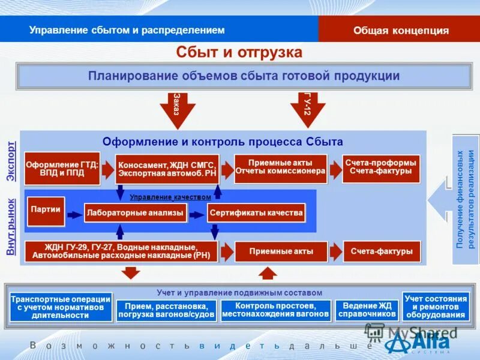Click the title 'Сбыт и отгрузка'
[239, 52]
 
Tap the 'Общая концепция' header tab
[401, 31]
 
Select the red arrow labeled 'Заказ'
[178, 109]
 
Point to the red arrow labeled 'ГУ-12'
[308, 109]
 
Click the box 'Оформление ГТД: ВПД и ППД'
[62, 168]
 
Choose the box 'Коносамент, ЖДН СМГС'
[167, 169]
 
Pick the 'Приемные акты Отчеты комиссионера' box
[280, 168]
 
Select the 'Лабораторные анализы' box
[135, 212]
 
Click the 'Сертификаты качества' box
[256, 212]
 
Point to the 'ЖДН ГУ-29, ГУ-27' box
[121, 251]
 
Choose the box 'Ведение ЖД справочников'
[367, 310]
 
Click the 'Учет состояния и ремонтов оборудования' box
[436, 306]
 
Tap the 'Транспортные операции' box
[61, 307]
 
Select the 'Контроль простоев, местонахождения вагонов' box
[276, 310]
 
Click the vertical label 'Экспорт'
[11, 161]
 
